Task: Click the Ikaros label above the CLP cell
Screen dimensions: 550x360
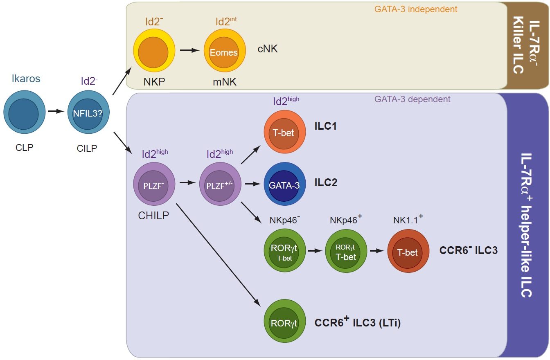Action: [x=26, y=79]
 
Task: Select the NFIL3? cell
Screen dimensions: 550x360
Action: [x=88, y=112]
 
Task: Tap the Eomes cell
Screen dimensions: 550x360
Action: [x=225, y=51]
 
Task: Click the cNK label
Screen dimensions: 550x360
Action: [x=268, y=49]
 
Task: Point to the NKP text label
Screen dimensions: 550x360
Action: [x=154, y=82]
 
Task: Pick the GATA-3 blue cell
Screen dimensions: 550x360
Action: [x=285, y=184]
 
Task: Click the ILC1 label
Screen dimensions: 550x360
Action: [x=326, y=126]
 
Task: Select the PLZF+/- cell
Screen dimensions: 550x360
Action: [x=220, y=184]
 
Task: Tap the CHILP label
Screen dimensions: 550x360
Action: [x=153, y=216]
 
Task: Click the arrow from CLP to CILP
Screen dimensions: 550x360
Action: [x=56, y=111]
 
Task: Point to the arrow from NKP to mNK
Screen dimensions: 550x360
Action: [x=189, y=50]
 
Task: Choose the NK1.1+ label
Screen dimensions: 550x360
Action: [x=408, y=219]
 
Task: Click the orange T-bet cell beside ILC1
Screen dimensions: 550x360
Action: [x=285, y=132]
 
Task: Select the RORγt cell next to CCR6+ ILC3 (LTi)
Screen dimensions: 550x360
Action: [x=285, y=321]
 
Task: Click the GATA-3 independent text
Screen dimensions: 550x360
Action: [x=416, y=9]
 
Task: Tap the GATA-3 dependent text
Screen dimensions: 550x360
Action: [x=412, y=99]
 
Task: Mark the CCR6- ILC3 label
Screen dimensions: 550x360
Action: [x=469, y=250]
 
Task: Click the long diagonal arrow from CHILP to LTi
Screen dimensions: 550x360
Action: [x=218, y=255]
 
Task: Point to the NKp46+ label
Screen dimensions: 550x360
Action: [x=346, y=219]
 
